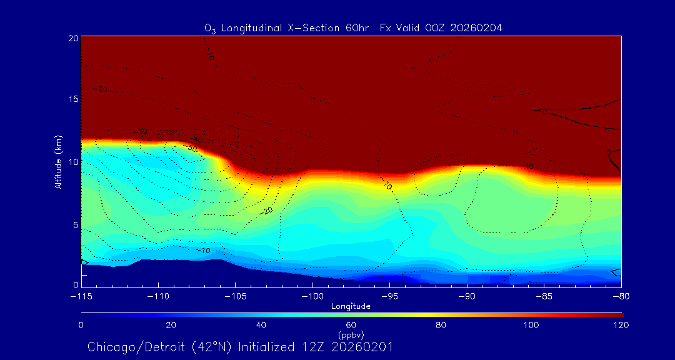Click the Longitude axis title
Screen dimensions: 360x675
[x=351, y=306]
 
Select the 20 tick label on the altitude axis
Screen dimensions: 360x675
[x=72, y=38]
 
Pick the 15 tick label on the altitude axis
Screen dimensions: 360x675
[x=72, y=99]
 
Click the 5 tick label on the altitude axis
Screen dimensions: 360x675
[x=75, y=224]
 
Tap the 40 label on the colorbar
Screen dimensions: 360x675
[x=261, y=325]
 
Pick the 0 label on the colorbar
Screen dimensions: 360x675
[x=81, y=325]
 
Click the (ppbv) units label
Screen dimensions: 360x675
[x=351, y=334]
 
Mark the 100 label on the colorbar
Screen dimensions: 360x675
[x=531, y=325]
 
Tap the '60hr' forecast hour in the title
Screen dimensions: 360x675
[x=359, y=27]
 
